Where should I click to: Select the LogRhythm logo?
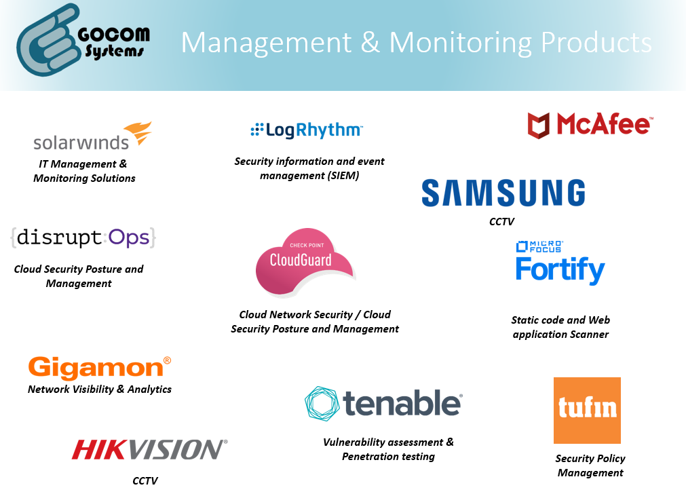point(307,130)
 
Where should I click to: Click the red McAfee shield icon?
point(538,126)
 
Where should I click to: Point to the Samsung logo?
point(503,193)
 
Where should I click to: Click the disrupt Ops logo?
point(83,237)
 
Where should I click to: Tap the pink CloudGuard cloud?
point(303,263)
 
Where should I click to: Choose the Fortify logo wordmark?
point(560,269)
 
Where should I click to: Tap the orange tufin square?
point(587,410)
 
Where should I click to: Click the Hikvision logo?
point(149,449)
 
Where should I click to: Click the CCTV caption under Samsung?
point(502,222)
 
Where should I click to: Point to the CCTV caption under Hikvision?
point(145,480)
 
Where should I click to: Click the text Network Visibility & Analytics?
point(100,389)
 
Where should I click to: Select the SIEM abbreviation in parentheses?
point(343,176)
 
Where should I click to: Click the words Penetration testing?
point(388,457)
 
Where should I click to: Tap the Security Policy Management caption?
point(590,465)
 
